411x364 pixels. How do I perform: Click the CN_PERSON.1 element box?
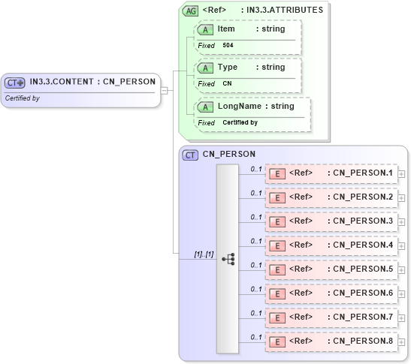click(x=331, y=173)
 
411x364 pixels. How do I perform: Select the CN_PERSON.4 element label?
click(x=362, y=245)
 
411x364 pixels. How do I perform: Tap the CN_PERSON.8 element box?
click(x=331, y=341)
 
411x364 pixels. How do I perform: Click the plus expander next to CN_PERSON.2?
click(x=401, y=198)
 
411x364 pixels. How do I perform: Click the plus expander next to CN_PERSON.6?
click(x=401, y=294)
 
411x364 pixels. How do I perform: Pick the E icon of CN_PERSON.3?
click(x=277, y=222)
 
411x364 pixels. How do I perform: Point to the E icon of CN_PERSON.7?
click(x=277, y=318)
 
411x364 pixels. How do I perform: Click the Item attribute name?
click(x=226, y=29)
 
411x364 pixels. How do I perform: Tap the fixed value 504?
click(x=228, y=46)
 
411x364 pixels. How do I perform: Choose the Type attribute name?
click(x=227, y=68)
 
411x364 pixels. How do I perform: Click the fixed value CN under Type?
click(x=227, y=84)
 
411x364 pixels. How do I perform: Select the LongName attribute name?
click(x=239, y=107)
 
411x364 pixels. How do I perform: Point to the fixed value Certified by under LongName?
click(x=240, y=122)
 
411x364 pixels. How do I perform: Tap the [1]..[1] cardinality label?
click(x=204, y=254)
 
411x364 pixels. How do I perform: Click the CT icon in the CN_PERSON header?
click(x=191, y=155)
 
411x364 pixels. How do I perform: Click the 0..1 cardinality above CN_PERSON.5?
click(x=255, y=265)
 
